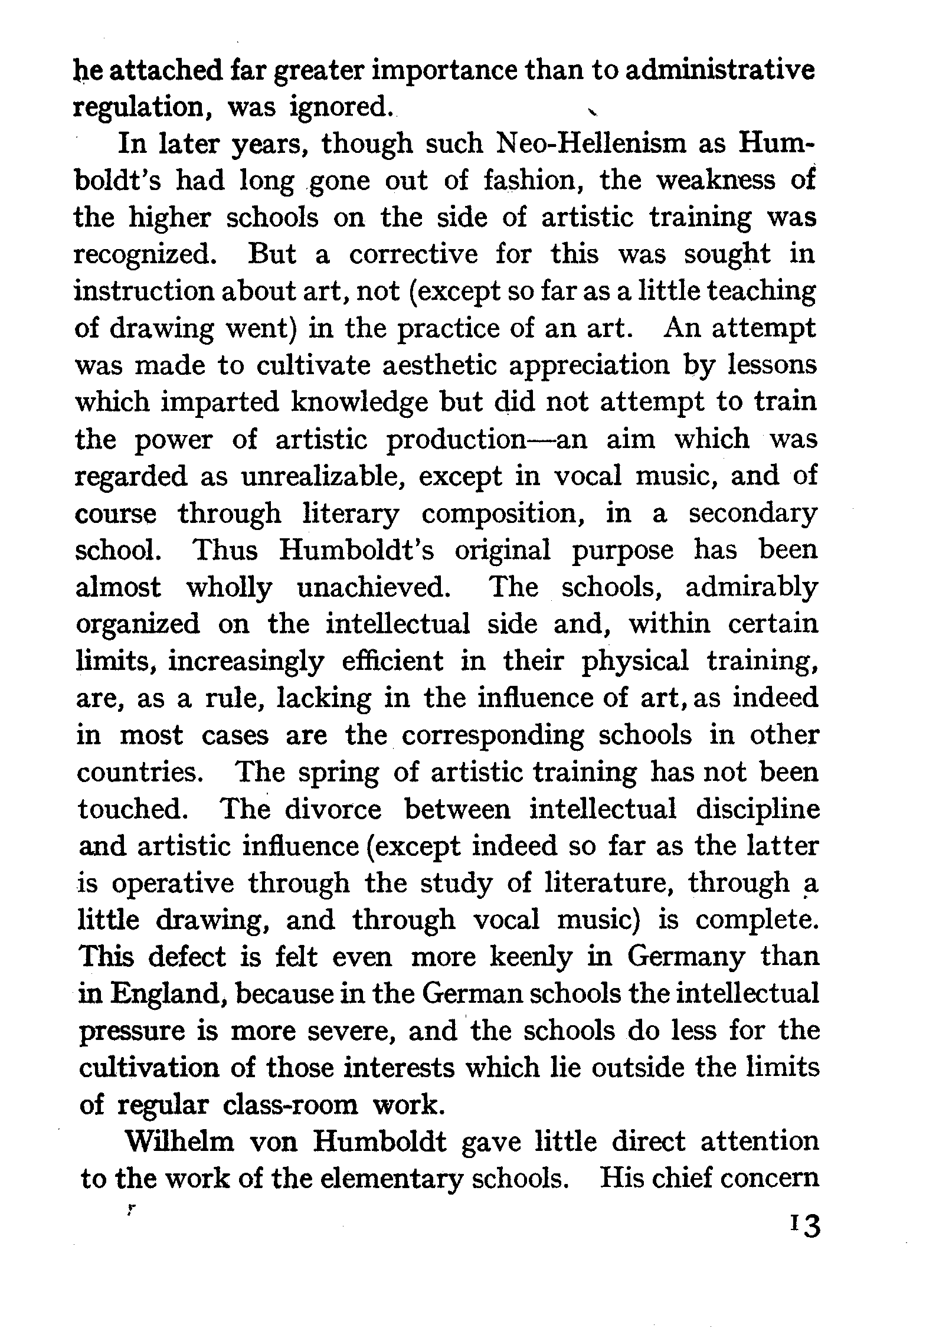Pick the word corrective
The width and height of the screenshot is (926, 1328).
pyautogui.click(x=413, y=254)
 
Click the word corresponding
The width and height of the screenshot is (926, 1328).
pyautogui.click(x=493, y=735)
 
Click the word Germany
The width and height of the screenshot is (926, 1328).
pyautogui.click(x=685, y=957)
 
